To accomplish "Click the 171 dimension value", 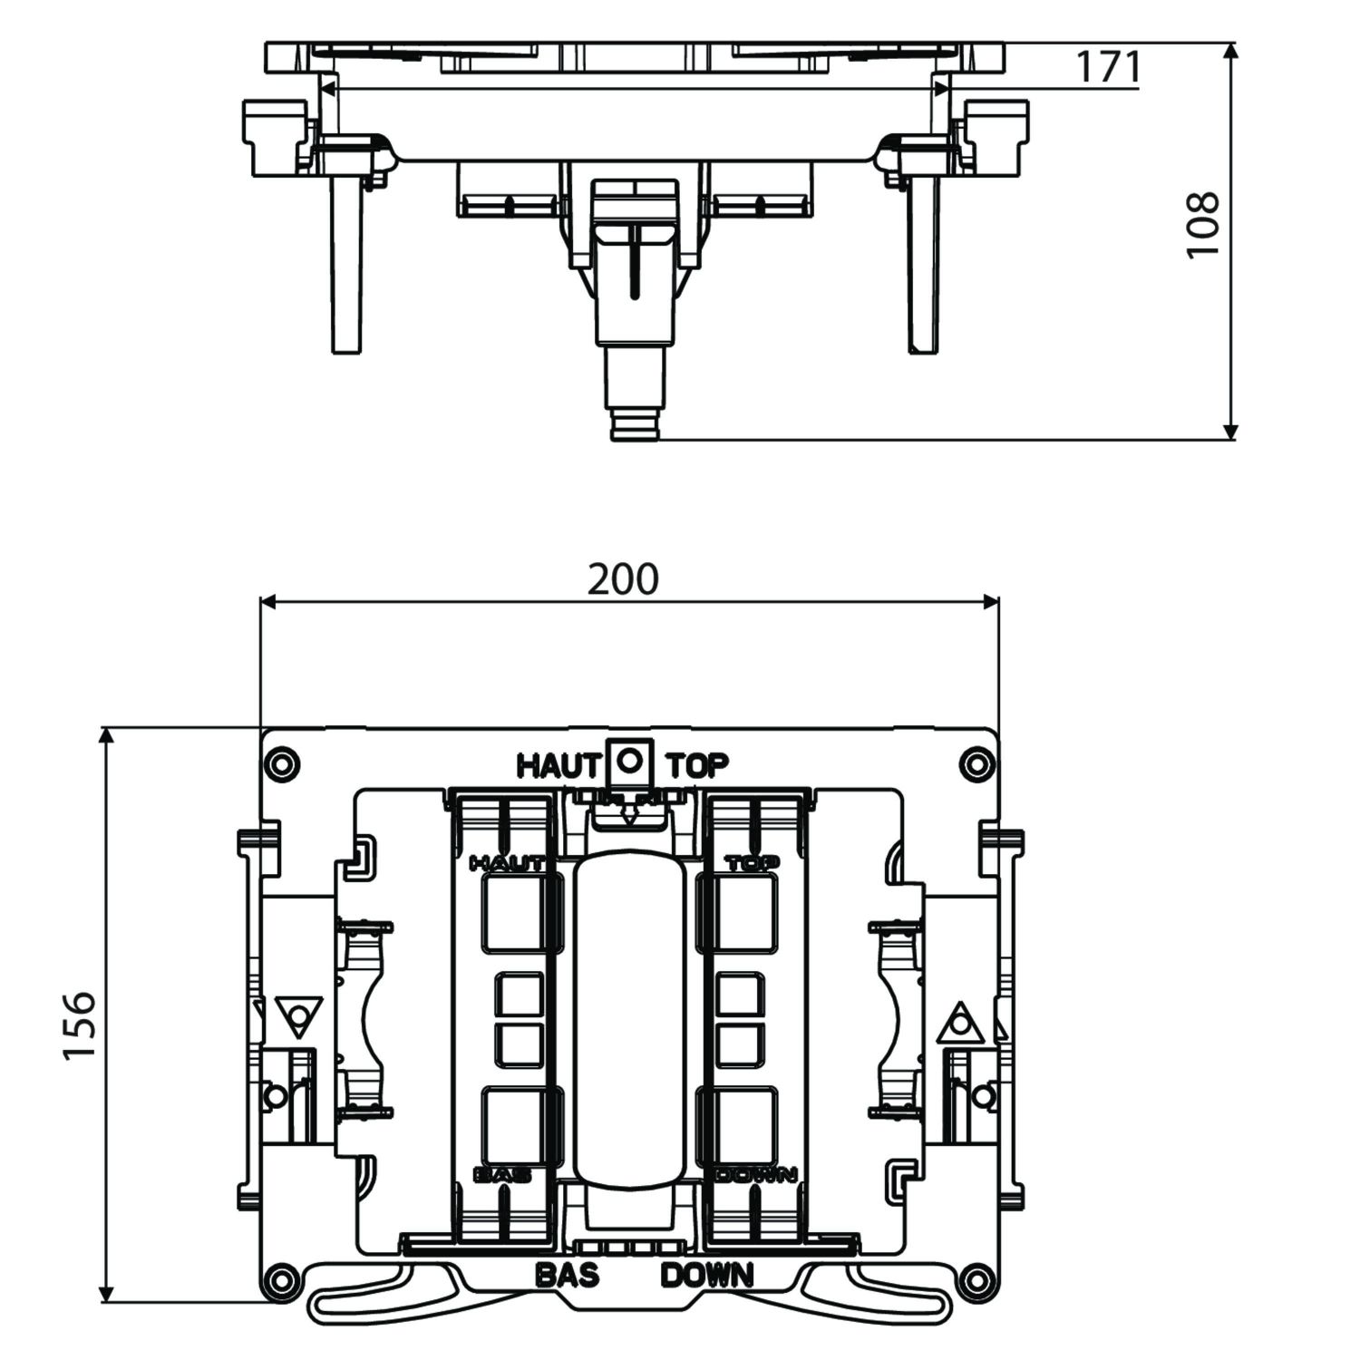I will (x=1107, y=67).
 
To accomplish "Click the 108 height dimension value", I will (x=1204, y=225).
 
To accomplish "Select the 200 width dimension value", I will (x=623, y=579).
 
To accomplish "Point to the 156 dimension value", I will (x=80, y=1025).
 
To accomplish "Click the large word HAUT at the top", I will (x=558, y=766).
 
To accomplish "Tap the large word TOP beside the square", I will (x=697, y=766).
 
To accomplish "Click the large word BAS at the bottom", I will (x=568, y=1276).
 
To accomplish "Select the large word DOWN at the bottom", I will (x=707, y=1276).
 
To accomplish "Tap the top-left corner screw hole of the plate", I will (x=281, y=763).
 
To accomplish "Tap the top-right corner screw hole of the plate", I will (x=976, y=763).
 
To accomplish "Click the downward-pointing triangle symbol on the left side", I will (x=299, y=1016).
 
